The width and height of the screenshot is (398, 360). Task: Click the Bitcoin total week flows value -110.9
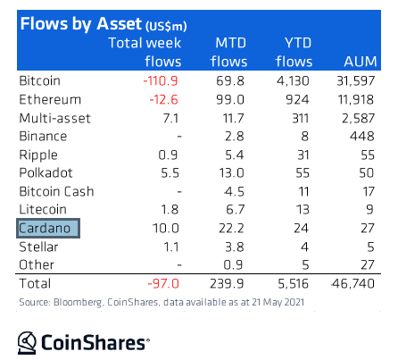pos(161,80)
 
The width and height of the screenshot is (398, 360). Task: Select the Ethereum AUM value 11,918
pos(356,99)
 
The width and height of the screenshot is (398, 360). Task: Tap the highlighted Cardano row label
pos(48,229)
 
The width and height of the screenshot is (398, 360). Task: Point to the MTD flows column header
pos(228,52)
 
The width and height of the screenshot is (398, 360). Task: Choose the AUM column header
pos(361,62)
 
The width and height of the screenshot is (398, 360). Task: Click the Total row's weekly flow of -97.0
pos(163,283)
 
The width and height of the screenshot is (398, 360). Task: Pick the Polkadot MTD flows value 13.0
pos(231,173)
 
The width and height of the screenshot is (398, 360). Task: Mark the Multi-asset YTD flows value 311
pos(300,118)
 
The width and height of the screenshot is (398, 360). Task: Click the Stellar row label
pos(38,247)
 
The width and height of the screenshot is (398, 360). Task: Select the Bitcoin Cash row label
pos(56,191)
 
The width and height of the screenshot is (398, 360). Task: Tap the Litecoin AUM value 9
pos(369,210)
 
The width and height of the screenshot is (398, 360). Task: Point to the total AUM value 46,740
pos(352,283)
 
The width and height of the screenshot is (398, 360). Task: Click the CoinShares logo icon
pos(27,343)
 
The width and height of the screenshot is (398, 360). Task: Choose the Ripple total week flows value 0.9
pos(168,155)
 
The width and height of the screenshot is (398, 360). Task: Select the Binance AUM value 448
pos(362,136)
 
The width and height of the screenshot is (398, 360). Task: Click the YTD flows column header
pos(294,52)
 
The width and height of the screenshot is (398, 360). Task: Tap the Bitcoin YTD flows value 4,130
pos(293,80)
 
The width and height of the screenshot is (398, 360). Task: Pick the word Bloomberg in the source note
pos(78,302)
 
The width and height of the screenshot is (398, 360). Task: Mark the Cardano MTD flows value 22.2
pos(231,229)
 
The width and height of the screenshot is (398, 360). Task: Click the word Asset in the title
pos(119,23)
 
